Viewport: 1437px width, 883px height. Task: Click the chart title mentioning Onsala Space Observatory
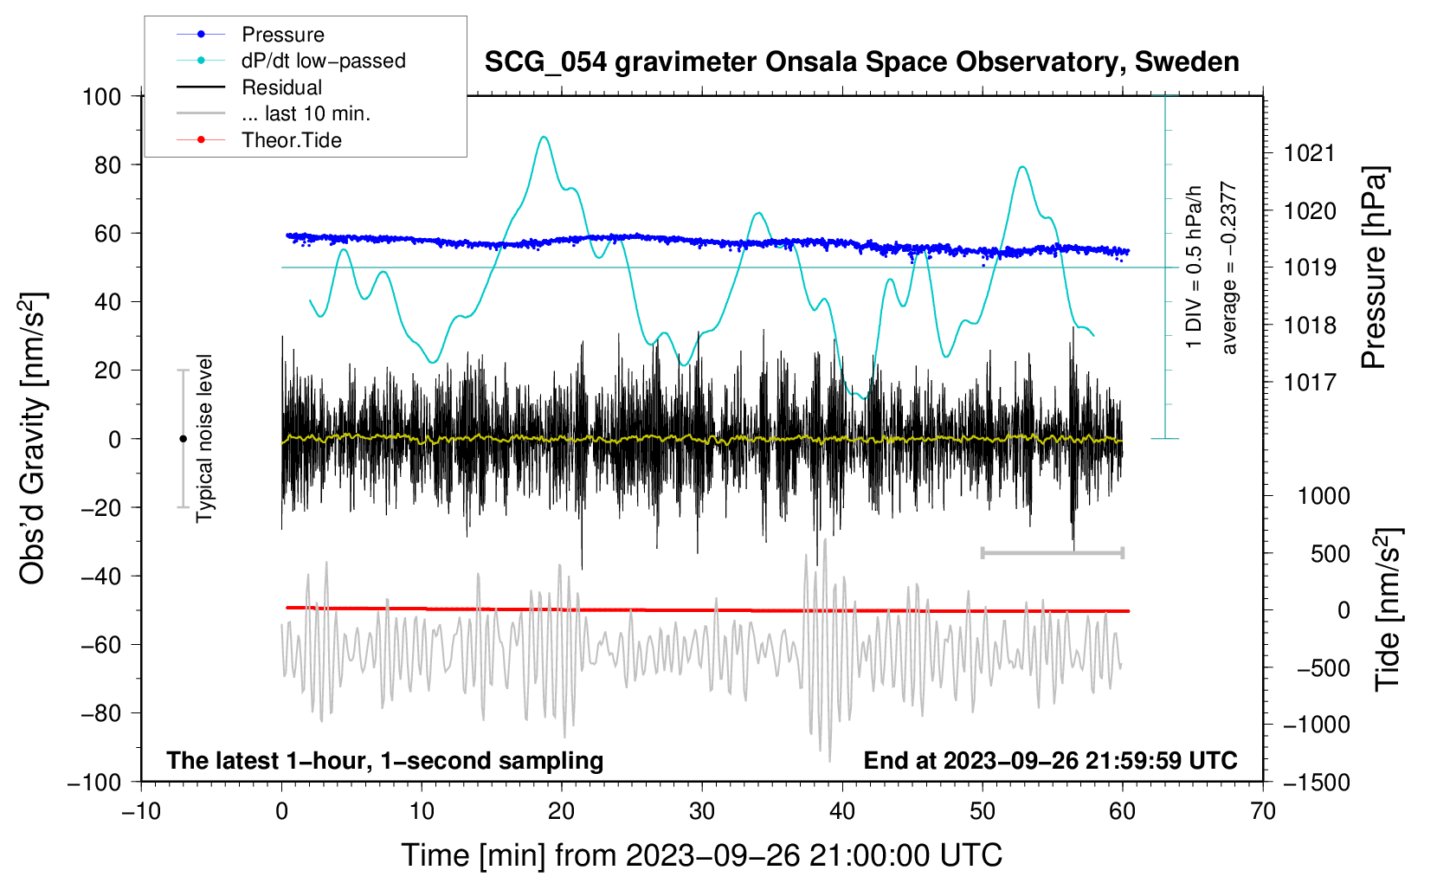(x=861, y=62)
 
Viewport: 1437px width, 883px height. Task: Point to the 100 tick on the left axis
(x=102, y=97)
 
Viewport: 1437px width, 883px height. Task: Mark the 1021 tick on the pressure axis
(x=1310, y=153)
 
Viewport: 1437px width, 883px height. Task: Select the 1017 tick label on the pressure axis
(x=1310, y=383)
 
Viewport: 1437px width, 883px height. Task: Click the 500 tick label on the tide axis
(x=1330, y=553)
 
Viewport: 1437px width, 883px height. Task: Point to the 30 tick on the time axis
(x=702, y=812)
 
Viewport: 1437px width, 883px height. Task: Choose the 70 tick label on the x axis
(x=1262, y=812)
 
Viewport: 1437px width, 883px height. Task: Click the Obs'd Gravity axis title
(x=33, y=438)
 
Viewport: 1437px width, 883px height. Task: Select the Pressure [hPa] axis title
(x=1374, y=267)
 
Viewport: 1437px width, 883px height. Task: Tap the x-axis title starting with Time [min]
(x=702, y=855)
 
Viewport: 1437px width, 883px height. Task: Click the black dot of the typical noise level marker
(x=183, y=439)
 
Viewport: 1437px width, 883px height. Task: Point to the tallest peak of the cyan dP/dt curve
(x=544, y=137)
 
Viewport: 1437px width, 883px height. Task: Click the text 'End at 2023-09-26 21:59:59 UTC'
(x=1050, y=760)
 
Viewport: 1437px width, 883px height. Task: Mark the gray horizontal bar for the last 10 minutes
(x=1052, y=552)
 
